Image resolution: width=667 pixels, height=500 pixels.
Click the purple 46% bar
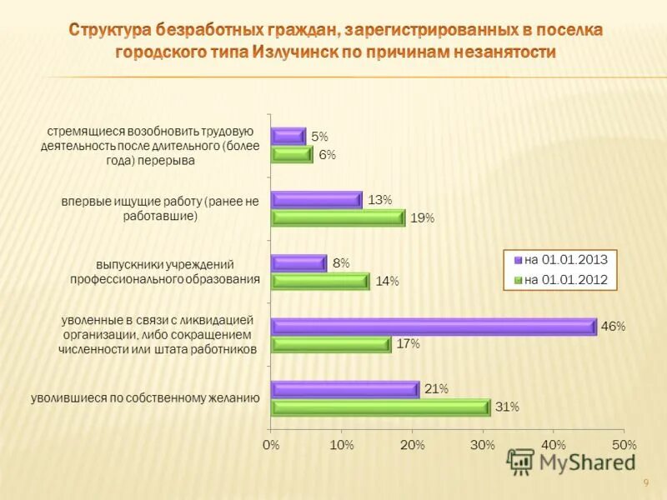click(x=434, y=327)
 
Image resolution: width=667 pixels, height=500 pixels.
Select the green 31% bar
click(x=380, y=407)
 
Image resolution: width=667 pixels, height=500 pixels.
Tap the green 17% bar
click(x=331, y=344)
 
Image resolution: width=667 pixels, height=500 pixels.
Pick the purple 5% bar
click(x=288, y=136)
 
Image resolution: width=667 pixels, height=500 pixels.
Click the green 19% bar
click(x=338, y=217)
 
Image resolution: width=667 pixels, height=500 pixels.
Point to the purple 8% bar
click(x=298, y=263)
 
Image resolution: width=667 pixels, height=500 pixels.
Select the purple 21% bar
click(x=344, y=389)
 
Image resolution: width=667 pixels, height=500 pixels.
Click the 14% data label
click(x=387, y=282)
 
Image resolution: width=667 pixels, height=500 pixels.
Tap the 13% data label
click(x=380, y=200)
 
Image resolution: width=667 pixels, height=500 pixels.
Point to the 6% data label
click(x=327, y=155)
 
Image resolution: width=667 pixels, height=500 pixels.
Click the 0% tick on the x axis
click(x=271, y=446)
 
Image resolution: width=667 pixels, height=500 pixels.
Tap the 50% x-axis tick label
click(x=624, y=446)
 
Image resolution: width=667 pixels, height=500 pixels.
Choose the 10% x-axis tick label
click(x=342, y=446)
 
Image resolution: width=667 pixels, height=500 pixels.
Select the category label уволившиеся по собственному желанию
click(x=146, y=398)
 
